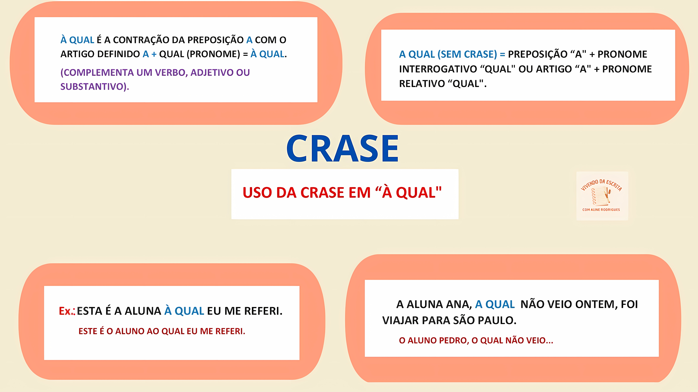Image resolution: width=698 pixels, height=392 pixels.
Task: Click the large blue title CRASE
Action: [342, 149]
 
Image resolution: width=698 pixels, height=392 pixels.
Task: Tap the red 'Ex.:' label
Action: [67, 311]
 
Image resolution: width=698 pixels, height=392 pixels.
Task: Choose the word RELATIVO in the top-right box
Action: [422, 84]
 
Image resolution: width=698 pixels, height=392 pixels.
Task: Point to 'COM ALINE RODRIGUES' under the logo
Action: [601, 210]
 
